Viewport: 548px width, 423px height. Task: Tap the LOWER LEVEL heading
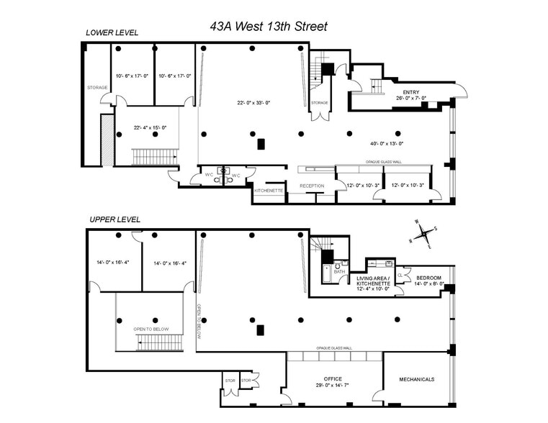112,32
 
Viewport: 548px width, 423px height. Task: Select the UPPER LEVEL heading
114,219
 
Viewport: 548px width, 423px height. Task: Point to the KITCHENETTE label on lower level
269,191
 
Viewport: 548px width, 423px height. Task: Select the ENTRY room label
410,93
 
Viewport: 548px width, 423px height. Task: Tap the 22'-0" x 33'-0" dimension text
253,101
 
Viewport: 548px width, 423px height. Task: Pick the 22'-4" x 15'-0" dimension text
150,127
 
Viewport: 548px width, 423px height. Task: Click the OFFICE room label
333,378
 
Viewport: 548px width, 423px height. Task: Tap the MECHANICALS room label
417,379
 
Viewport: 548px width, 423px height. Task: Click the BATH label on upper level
338,272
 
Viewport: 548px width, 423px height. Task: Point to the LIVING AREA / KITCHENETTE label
373,281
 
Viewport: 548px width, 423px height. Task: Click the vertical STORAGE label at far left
97,88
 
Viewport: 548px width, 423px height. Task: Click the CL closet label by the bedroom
400,275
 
